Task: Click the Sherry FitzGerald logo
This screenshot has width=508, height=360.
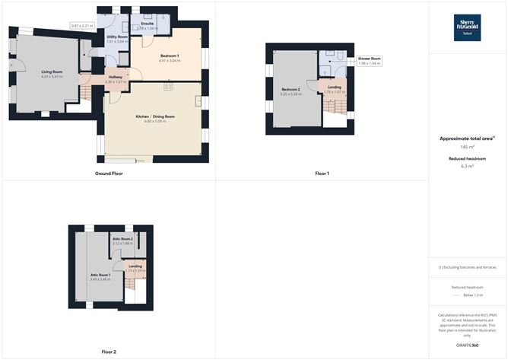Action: click(466, 27)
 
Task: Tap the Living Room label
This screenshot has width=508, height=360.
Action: click(51, 72)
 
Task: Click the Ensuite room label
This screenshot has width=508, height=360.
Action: click(148, 24)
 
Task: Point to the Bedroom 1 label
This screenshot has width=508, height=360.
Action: click(170, 56)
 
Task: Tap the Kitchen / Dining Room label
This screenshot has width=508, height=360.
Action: click(154, 116)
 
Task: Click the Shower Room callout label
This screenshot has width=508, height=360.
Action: click(370, 59)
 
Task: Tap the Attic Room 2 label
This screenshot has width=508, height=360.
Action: click(122, 240)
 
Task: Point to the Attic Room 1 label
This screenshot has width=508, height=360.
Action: click(100, 275)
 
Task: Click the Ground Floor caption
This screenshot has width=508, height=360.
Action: click(109, 174)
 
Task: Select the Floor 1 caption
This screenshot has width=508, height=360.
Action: click(322, 174)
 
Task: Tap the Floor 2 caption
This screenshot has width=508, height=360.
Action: click(109, 352)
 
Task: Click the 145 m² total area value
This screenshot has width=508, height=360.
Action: click(467, 147)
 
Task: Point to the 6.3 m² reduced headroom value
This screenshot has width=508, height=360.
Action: click(467, 165)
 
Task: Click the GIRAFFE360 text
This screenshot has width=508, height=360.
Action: click(467, 345)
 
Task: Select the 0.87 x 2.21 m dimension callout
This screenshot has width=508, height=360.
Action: click(82, 26)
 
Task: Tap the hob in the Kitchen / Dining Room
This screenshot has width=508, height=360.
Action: click(169, 87)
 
